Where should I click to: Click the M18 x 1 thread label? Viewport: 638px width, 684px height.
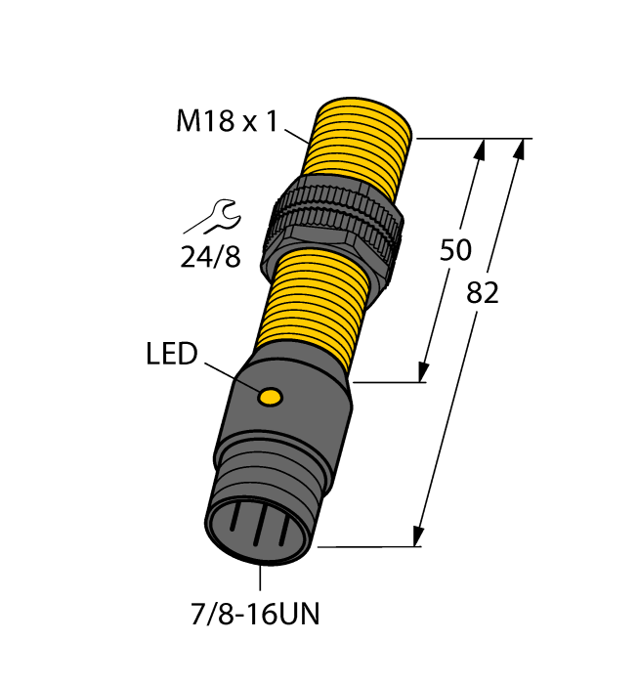point(227,121)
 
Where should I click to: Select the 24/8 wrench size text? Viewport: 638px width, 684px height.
point(210,256)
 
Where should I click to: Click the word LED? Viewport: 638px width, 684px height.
point(171,354)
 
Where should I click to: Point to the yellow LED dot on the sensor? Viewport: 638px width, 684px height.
point(271,397)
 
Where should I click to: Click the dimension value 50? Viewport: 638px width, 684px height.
point(455,250)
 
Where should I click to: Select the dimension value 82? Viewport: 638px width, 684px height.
point(482,293)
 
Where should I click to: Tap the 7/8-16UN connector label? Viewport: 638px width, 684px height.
point(255,614)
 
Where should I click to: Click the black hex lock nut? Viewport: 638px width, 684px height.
point(331,229)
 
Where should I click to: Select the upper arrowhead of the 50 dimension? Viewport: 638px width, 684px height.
point(480,150)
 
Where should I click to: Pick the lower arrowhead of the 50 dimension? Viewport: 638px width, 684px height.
point(422,371)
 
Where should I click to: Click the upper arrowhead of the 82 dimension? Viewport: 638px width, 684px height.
point(519,150)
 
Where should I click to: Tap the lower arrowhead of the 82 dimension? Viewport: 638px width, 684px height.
point(418,535)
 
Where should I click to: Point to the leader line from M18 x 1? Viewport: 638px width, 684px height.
point(297,136)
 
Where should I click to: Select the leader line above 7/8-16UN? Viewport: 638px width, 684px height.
point(260,577)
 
